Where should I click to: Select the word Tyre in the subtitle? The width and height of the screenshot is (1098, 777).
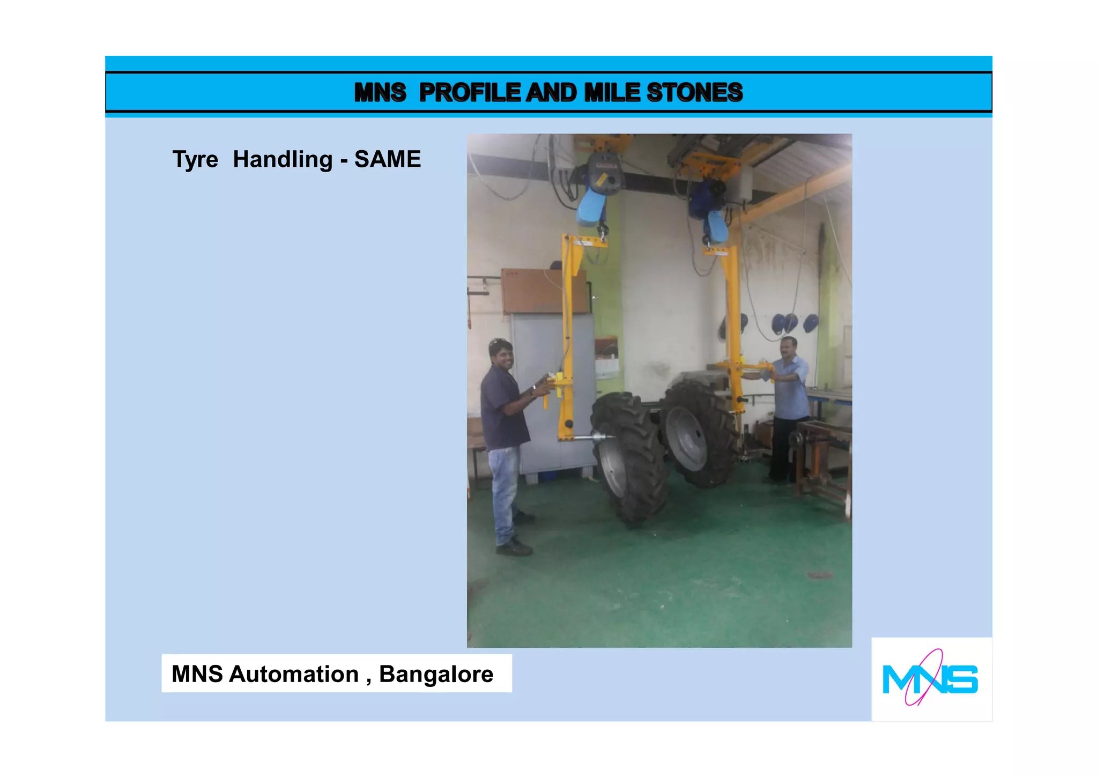(x=195, y=160)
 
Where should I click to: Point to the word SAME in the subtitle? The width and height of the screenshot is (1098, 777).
(x=388, y=159)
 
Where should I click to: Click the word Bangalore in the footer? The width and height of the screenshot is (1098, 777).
(x=436, y=674)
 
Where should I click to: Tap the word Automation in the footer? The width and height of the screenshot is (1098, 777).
(x=294, y=674)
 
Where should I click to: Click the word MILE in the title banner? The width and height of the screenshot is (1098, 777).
(x=612, y=92)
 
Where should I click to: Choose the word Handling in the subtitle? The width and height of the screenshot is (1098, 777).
(x=283, y=160)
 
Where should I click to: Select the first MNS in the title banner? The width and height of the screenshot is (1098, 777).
(x=380, y=92)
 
